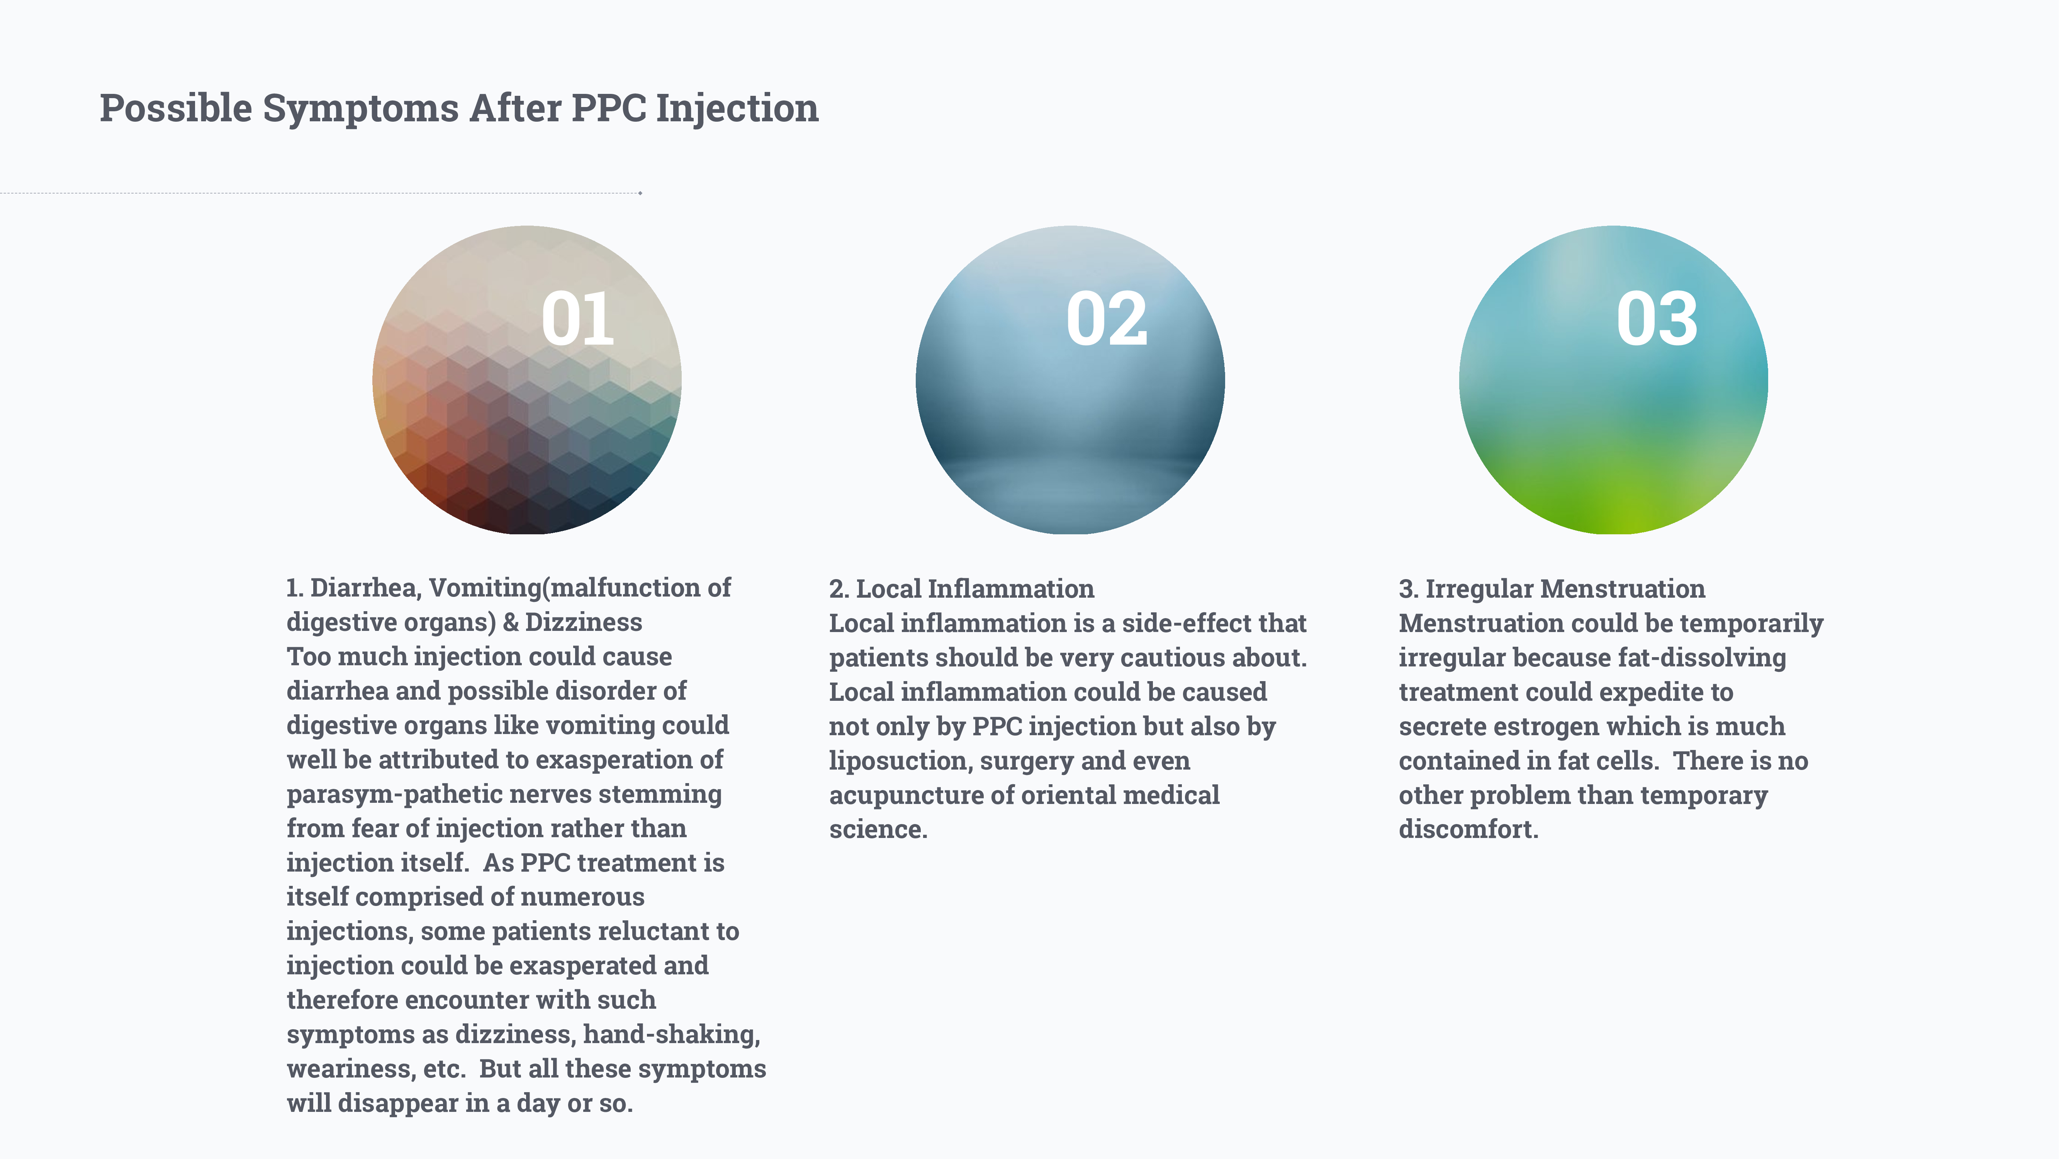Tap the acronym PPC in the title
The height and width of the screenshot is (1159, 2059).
609,108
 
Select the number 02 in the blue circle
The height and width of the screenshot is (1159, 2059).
1107,319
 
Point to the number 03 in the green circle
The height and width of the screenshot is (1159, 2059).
1657,319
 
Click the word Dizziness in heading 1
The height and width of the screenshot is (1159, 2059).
584,622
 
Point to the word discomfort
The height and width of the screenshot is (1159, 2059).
1468,829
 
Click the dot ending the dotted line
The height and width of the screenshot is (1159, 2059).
640,193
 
